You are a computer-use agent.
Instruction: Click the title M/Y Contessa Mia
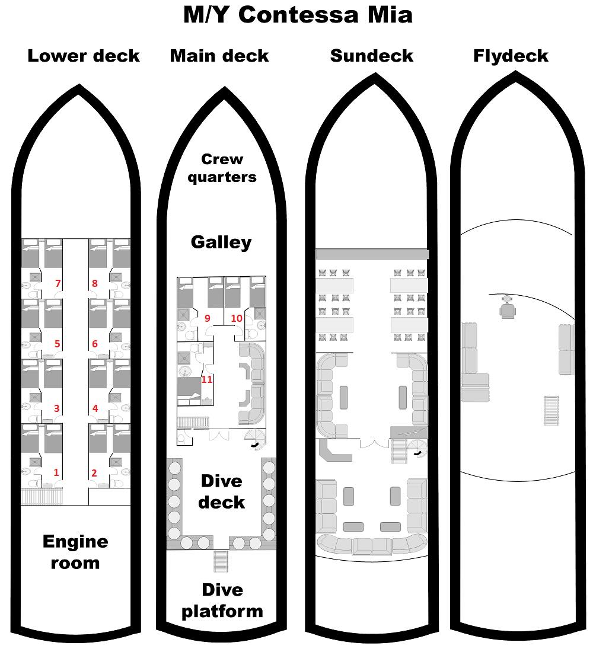(298, 15)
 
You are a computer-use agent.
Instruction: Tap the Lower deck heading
(84, 56)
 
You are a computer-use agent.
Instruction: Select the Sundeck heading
(372, 56)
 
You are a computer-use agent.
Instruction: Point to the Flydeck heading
(511, 56)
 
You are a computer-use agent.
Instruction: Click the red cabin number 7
(58, 284)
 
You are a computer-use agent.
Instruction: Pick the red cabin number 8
(95, 284)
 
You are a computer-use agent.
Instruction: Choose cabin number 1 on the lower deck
(57, 472)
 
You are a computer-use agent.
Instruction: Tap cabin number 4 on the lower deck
(95, 408)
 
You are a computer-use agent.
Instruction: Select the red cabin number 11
(207, 379)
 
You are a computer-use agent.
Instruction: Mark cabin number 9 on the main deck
(207, 318)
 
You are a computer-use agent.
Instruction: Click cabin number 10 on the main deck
(237, 318)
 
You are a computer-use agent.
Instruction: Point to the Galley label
(221, 242)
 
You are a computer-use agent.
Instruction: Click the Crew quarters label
(222, 168)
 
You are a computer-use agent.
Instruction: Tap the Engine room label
(75, 552)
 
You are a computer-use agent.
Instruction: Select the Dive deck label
(221, 491)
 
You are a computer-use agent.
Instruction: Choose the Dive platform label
(222, 600)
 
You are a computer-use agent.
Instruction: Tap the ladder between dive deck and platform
(221, 561)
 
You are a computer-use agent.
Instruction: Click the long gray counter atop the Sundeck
(372, 254)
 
